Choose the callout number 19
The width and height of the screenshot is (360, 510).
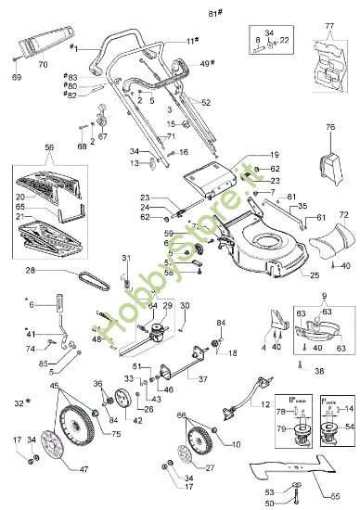point(274,154)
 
